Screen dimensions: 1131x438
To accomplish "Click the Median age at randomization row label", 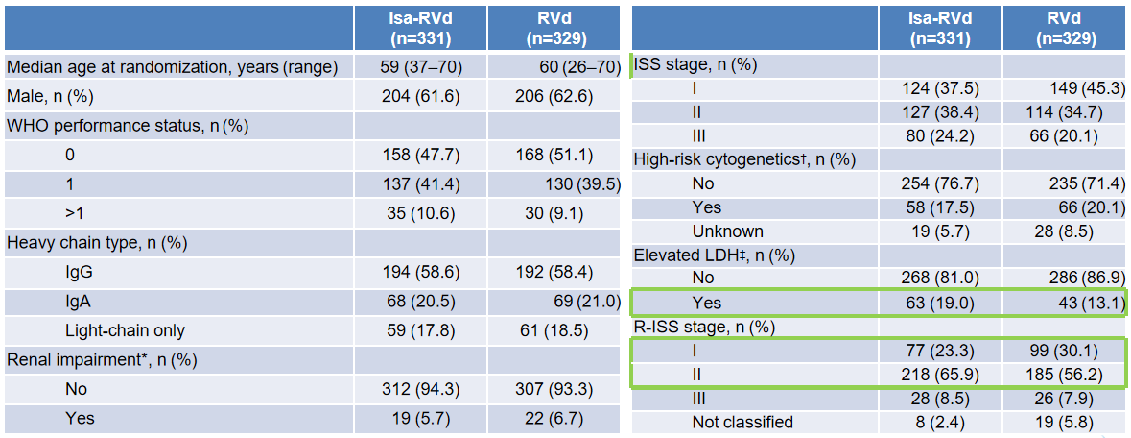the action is point(172,68).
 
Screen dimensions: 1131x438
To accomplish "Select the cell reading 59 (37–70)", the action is point(420,68).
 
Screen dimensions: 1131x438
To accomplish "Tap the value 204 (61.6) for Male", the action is point(420,96).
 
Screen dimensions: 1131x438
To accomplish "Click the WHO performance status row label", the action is point(127,125).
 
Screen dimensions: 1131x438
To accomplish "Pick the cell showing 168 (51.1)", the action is point(553,155).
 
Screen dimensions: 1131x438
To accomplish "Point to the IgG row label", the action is point(78,272).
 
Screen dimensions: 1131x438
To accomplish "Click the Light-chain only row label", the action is point(124,331).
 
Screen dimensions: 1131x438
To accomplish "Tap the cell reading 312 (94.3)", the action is point(420,390).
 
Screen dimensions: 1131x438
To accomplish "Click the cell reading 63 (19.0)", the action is point(936,303).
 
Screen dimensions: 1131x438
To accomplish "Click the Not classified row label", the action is point(742,422).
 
